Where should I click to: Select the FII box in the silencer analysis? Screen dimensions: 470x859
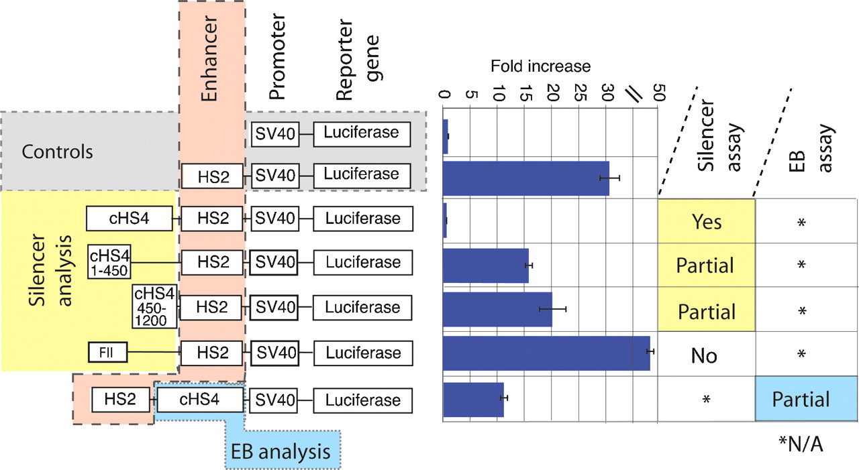107,352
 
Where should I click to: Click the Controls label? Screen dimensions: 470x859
57,151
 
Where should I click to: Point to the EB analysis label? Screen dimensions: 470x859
281,451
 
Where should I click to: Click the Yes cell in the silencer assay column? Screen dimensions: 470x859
705,221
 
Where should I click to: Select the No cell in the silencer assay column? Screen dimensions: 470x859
704,355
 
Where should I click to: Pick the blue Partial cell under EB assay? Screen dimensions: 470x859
801,399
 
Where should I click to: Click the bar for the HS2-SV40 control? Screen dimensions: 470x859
526,178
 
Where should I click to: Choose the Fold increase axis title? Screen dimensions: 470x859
540,66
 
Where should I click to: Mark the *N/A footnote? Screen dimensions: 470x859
801,443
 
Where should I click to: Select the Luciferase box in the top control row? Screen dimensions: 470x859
361,133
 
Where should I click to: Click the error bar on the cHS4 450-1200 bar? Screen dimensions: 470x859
552,308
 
